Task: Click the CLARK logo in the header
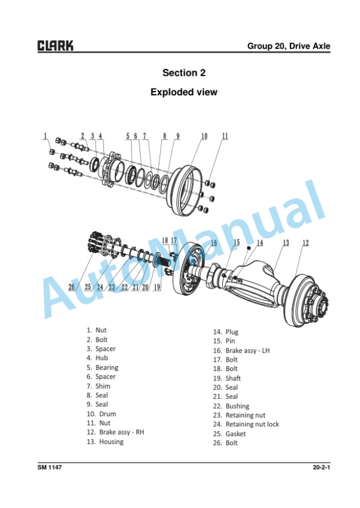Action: point(55,46)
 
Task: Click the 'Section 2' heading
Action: point(184,73)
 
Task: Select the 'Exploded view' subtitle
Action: point(184,92)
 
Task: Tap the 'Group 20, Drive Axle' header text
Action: point(288,46)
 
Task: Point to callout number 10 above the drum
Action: point(204,136)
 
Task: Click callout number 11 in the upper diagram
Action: point(225,136)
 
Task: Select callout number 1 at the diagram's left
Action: point(45,136)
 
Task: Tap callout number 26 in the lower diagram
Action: point(72,287)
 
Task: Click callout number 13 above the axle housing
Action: point(286,243)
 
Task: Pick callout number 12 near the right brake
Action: point(305,243)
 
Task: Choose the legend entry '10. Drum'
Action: point(101,414)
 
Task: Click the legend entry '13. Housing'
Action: point(105,442)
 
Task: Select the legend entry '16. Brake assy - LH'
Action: point(241,350)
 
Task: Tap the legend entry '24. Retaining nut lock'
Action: point(246,425)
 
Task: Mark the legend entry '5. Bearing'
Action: point(102,367)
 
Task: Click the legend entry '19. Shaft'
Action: point(227,378)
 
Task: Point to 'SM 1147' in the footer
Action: point(49,467)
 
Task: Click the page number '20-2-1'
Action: point(321,467)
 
